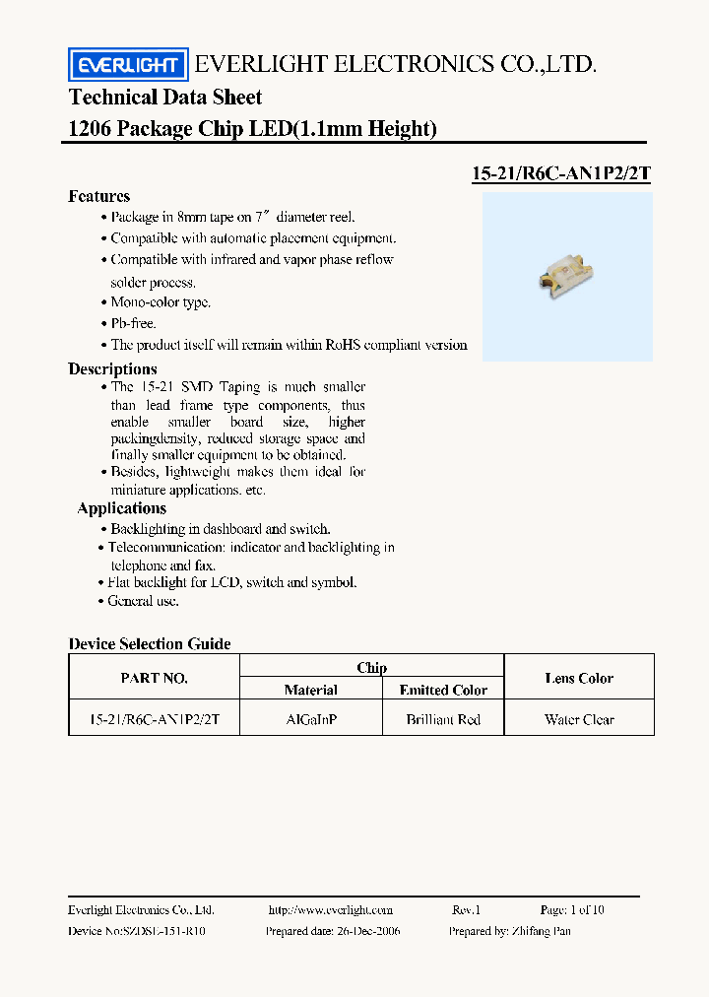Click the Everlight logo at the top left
[x=126, y=65]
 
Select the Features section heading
[x=98, y=196]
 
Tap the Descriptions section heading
[x=112, y=368]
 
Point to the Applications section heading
[x=121, y=508]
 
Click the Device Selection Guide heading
[x=150, y=643]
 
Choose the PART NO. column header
[x=154, y=678]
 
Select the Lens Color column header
[x=579, y=678]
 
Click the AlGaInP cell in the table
[x=311, y=719]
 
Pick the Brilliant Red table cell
[x=443, y=719]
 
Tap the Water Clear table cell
[x=579, y=719]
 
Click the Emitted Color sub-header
[x=443, y=690]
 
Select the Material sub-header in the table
[x=311, y=690]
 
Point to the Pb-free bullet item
[x=133, y=323]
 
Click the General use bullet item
[x=144, y=600]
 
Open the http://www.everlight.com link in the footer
[x=330, y=909]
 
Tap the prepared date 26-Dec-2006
[x=333, y=930]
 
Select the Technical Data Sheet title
[x=165, y=97]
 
